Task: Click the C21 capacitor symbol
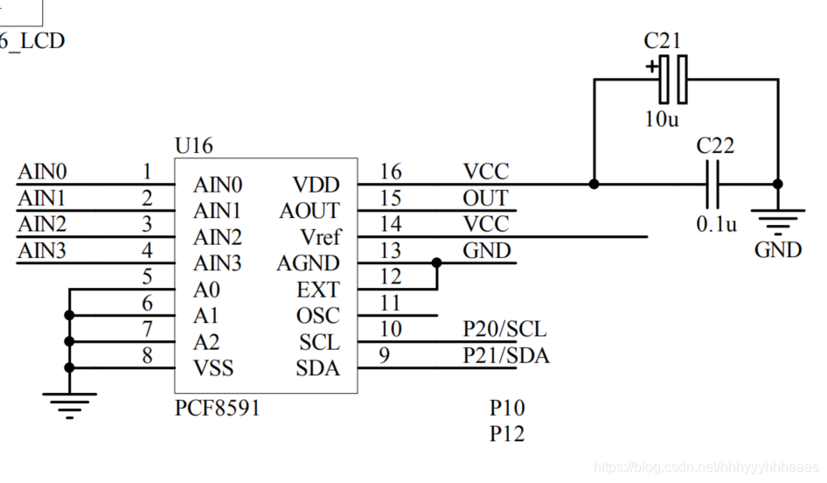(x=671, y=80)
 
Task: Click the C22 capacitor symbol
(x=714, y=185)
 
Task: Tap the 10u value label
(x=661, y=119)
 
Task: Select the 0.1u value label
(x=716, y=224)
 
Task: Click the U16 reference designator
(x=193, y=146)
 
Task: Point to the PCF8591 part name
(x=217, y=409)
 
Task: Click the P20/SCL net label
(x=504, y=329)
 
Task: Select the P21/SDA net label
(x=506, y=355)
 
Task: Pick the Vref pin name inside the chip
(x=320, y=237)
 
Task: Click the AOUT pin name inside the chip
(x=309, y=211)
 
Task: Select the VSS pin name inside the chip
(x=213, y=368)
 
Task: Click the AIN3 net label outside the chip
(x=41, y=250)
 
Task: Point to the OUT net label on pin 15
(x=485, y=198)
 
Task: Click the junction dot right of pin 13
(x=435, y=262)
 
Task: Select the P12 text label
(x=507, y=433)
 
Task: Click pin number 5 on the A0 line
(x=147, y=277)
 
